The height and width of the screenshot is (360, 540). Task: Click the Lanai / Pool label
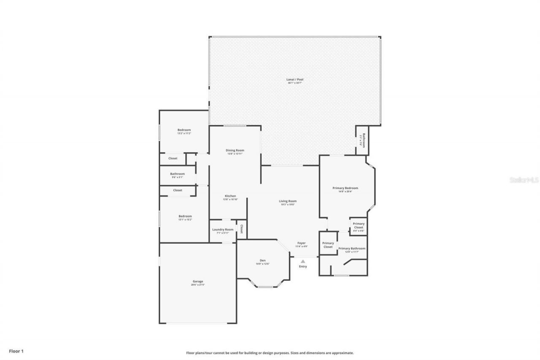tap(295, 79)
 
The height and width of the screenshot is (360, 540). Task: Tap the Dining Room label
tap(235, 150)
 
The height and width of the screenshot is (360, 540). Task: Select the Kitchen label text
tap(230, 196)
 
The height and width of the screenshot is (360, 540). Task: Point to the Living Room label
tap(288, 201)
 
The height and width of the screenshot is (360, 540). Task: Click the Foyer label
tap(301, 243)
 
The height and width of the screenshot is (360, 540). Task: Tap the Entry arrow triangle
tap(303, 262)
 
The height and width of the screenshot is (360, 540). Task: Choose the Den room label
tap(262, 260)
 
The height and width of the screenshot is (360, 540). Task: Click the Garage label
tap(198, 282)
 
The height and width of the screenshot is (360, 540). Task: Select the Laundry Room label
tap(222, 230)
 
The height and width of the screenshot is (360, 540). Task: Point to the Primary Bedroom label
tap(345, 188)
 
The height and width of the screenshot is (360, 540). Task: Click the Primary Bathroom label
tap(352, 249)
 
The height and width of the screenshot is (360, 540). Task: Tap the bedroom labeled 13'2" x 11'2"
tap(184, 130)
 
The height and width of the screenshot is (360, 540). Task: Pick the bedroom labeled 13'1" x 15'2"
tap(185, 216)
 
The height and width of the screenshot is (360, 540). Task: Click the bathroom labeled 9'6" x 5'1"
tap(177, 174)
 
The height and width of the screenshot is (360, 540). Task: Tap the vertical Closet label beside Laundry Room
tap(242, 229)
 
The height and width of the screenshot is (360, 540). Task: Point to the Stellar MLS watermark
tap(524, 180)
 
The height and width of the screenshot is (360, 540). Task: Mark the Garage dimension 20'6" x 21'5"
tap(198, 285)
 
